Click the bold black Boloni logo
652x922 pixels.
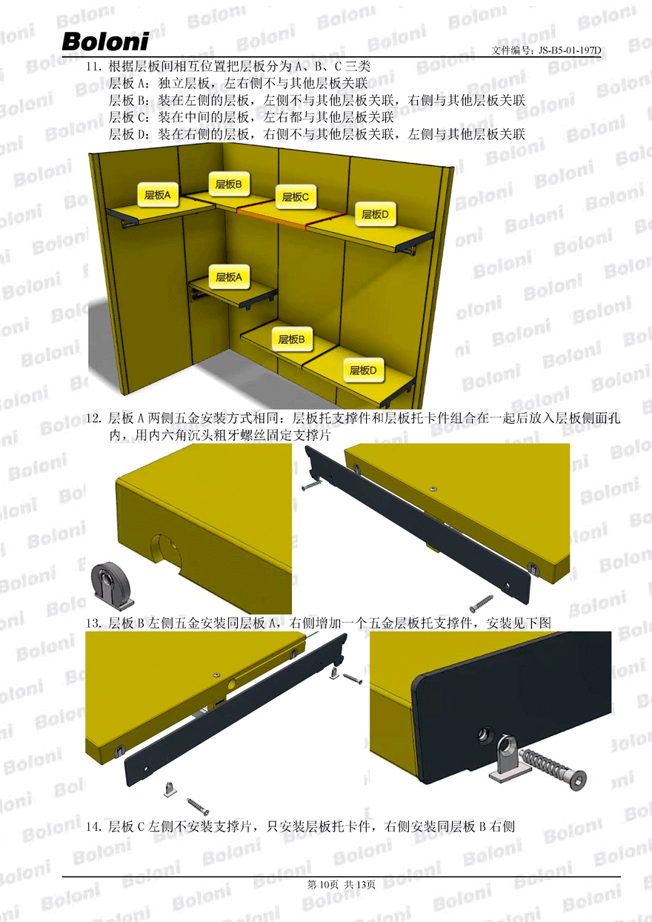(105, 42)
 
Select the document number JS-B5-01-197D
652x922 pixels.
(570, 50)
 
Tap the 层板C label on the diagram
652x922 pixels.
(296, 197)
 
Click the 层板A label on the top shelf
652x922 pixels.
(158, 195)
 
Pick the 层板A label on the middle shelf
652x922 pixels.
(229, 277)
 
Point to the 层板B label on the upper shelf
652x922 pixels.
(229, 185)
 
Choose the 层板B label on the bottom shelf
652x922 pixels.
(292, 339)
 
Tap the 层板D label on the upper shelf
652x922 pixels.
(375, 214)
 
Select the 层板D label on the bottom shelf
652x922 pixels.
(363, 370)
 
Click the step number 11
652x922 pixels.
(94, 66)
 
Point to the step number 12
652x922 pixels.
(94, 419)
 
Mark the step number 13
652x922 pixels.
(94, 623)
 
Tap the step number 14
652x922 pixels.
(94, 826)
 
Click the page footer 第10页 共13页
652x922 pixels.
(341, 885)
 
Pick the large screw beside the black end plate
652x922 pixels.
(553, 766)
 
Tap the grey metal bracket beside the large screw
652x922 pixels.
(508, 760)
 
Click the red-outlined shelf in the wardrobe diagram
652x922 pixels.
(291, 213)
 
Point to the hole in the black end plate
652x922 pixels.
(486, 734)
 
